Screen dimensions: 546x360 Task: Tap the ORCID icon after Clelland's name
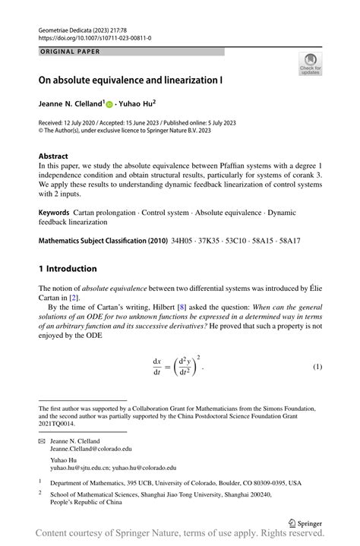pos(109,104)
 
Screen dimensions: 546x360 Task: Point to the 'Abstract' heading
pos(53,156)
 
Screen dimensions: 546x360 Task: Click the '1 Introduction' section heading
pos(68,269)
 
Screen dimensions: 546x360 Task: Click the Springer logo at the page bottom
pos(306,522)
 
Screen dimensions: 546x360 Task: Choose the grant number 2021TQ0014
pos(59,424)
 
